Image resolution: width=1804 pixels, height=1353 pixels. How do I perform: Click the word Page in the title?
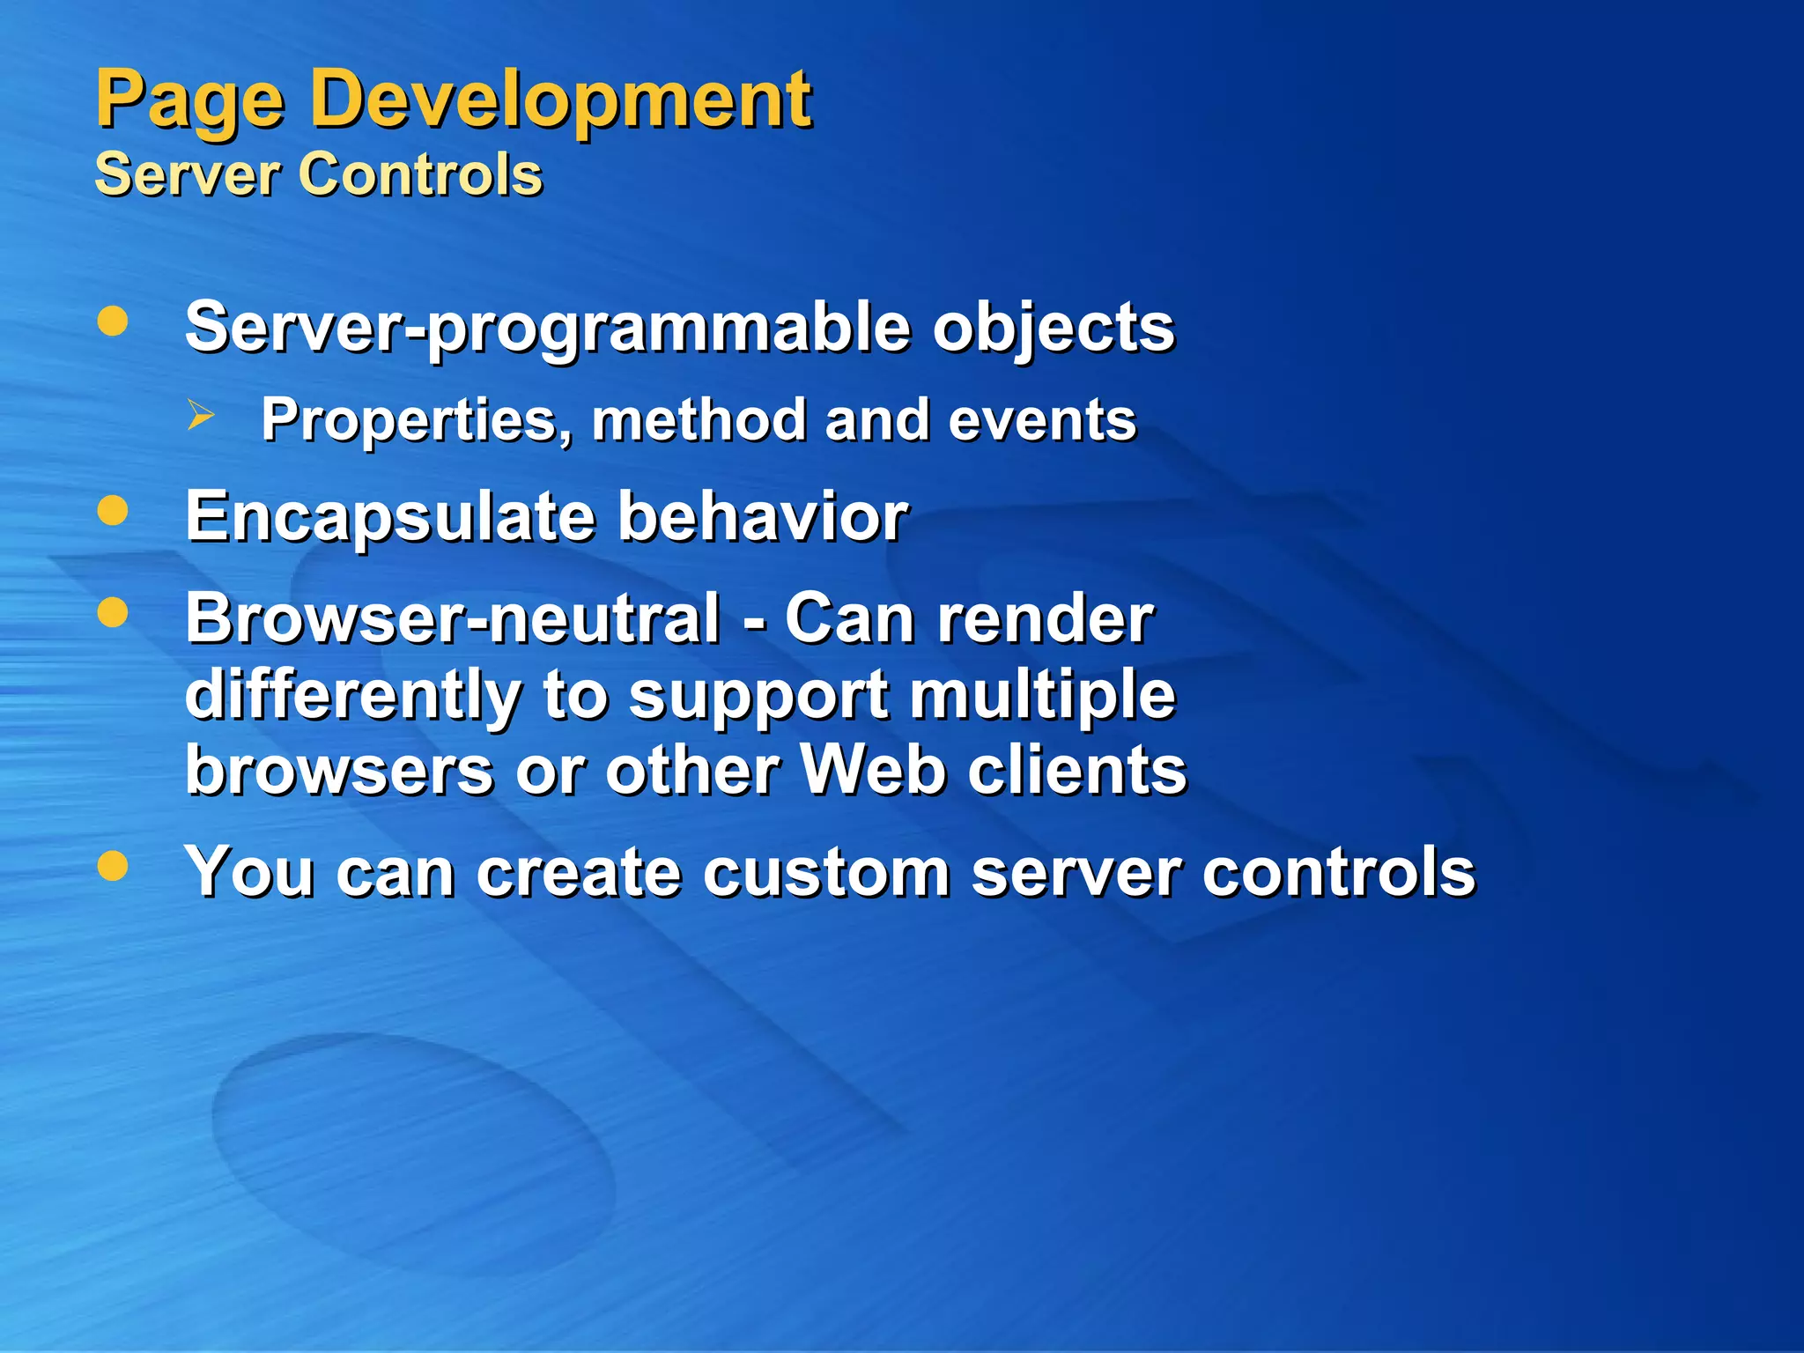(189, 101)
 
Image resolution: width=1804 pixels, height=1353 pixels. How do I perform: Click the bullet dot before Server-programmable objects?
(113, 322)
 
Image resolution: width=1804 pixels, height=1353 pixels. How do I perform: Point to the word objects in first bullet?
(1054, 328)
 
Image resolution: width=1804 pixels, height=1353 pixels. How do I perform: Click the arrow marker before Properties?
(201, 415)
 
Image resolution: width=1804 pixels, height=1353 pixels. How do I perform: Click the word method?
(699, 420)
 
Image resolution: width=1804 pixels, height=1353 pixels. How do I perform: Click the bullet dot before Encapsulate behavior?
(113, 511)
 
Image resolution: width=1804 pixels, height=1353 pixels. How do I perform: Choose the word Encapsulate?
(389, 517)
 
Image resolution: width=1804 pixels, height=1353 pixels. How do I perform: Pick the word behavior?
(762, 517)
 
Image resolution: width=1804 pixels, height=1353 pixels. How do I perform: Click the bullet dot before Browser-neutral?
(113, 612)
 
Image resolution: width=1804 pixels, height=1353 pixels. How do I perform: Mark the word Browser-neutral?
(453, 618)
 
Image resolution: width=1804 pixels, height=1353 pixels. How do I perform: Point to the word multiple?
(1042, 695)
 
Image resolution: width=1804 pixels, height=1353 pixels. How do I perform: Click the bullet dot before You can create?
(113, 866)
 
